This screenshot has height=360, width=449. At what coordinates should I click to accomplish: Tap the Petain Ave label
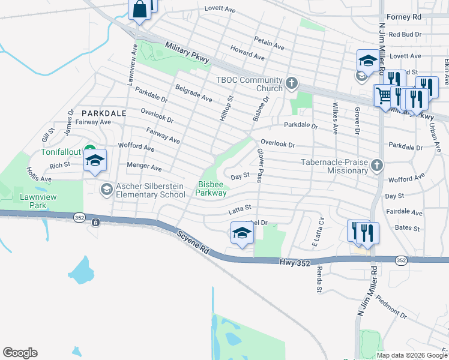(x=270, y=44)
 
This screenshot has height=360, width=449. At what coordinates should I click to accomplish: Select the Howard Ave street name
(x=247, y=52)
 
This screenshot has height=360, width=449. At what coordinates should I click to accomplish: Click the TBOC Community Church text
(x=249, y=85)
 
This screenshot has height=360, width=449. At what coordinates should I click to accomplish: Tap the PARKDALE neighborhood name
(x=104, y=113)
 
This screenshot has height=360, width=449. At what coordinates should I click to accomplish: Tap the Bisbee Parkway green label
(x=211, y=188)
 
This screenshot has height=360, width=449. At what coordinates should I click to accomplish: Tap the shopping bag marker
(x=139, y=10)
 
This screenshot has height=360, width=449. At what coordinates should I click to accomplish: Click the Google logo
(x=20, y=353)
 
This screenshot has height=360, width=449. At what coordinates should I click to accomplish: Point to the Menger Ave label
(x=144, y=166)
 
